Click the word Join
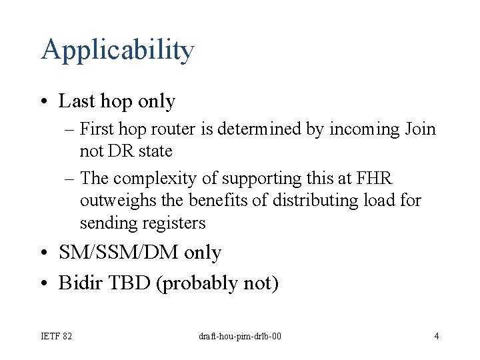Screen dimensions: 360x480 coord(420,129)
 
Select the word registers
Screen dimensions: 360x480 coord(171,223)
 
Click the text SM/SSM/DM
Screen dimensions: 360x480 coord(119,253)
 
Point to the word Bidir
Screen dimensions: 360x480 coord(78,283)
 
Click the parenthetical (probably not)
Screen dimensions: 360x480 coord(217,284)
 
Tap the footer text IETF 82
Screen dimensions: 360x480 coord(57,335)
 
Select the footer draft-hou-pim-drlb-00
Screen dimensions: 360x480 coord(240,335)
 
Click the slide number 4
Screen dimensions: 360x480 coord(436,335)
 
